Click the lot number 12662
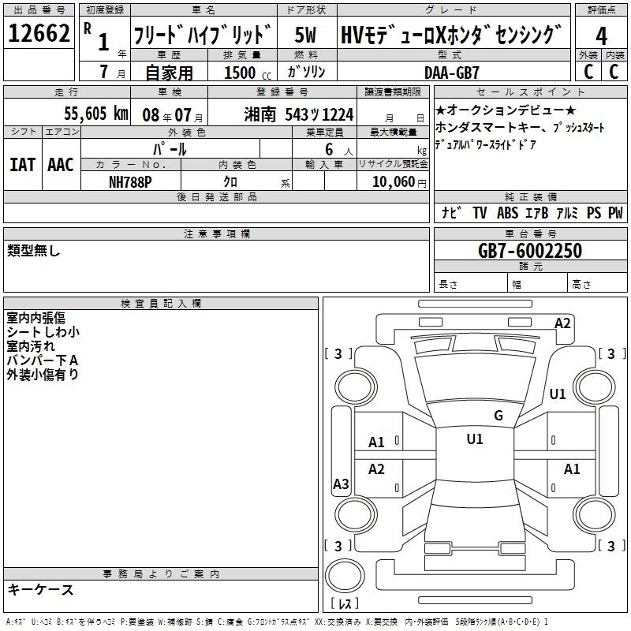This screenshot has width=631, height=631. click(x=39, y=33)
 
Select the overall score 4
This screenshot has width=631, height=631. click(x=601, y=35)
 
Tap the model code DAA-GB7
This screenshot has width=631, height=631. click(x=452, y=73)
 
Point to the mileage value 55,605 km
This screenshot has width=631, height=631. click(x=96, y=114)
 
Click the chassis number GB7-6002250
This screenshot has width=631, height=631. click(x=530, y=251)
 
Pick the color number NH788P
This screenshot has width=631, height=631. click(x=130, y=182)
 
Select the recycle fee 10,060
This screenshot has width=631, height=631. click(x=394, y=182)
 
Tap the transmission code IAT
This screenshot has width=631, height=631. click(x=23, y=165)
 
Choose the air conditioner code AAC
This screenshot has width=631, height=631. click(x=61, y=165)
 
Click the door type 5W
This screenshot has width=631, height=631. click(x=305, y=35)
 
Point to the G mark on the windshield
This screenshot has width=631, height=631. click(x=498, y=415)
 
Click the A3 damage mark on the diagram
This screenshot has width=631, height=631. click(x=341, y=484)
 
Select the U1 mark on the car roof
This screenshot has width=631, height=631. click(x=475, y=439)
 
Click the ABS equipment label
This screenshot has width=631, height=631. click(x=507, y=212)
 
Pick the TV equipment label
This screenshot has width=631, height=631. click(x=480, y=212)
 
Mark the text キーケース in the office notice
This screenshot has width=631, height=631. click(x=40, y=589)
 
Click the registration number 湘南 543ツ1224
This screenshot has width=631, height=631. click(x=299, y=114)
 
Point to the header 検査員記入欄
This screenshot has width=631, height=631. click(x=161, y=304)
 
